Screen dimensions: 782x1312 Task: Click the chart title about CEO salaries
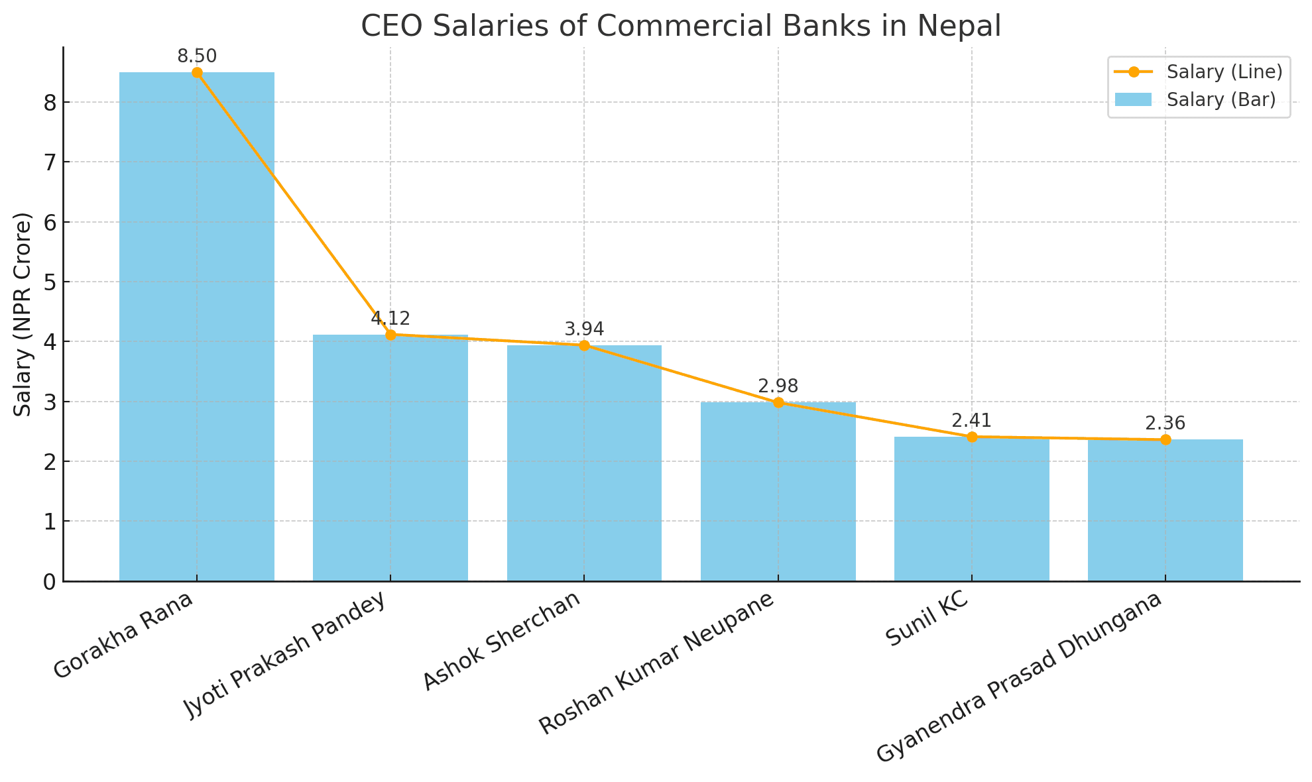[681, 27]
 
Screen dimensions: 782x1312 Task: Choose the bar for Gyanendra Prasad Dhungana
[1165, 510]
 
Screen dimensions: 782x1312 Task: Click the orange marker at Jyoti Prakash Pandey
[390, 335]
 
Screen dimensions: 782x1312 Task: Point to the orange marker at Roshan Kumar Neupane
[778, 403]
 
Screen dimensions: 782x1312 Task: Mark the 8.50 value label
[197, 57]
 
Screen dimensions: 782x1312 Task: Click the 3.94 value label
[584, 329]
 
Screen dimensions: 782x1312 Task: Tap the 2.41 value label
[971, 421]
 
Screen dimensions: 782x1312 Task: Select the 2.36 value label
[1165, 423]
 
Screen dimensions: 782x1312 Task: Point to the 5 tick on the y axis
[49, 282]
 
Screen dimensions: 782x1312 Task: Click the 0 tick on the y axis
[49, 582]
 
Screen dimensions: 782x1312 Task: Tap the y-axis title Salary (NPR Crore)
[23, 314]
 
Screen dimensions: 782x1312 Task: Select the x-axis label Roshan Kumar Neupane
[656, 663]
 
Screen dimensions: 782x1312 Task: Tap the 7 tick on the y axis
[49, 162]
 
